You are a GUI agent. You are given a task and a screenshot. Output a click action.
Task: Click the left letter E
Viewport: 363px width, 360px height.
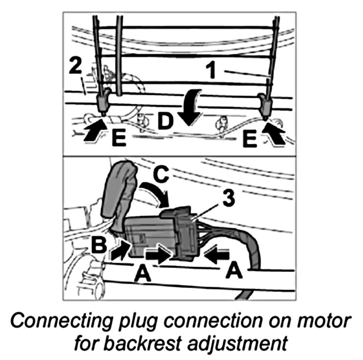118,139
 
